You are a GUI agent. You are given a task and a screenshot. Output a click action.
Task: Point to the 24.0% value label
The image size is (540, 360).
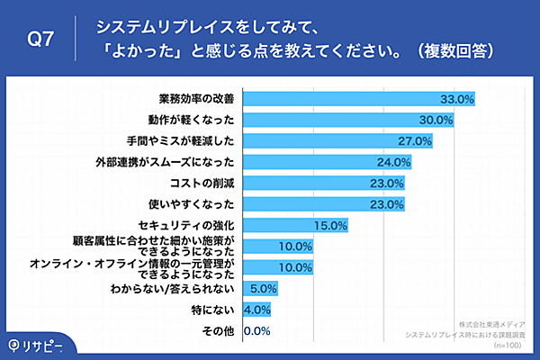coord(393,163)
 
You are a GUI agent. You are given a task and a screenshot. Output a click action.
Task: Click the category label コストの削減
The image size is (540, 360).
coord(209,184)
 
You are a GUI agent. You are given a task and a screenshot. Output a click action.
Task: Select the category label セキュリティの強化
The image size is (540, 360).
coord(192,225)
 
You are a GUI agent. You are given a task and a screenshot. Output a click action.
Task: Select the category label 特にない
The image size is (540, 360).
coord(216,310)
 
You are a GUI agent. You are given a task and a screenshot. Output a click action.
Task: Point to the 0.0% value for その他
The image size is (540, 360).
coord(257,331)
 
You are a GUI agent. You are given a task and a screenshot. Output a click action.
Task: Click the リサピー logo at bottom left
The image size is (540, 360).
coord(40,344)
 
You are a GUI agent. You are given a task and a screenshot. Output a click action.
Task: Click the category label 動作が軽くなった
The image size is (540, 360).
coord(192,120)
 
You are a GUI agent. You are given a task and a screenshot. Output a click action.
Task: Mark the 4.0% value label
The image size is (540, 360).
coord(257,310)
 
